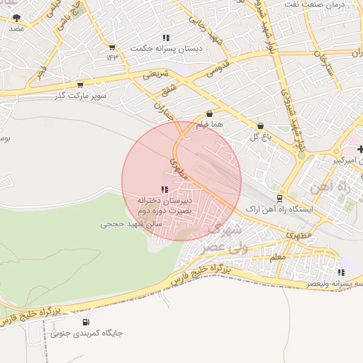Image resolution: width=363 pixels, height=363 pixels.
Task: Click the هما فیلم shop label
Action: click(x=210, y=125)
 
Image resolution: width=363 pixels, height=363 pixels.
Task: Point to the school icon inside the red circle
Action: click(x=164, y=189)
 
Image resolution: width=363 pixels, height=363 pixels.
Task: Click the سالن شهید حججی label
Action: click(x=131, y=223)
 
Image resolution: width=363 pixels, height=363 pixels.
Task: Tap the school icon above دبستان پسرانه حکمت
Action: click(x=166, y=38)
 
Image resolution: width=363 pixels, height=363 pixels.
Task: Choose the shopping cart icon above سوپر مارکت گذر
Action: click(x=79, y=84)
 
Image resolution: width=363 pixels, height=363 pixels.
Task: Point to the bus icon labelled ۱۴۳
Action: click(x=111, y=48)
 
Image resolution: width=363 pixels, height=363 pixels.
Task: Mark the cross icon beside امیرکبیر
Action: click(x=361, y=149)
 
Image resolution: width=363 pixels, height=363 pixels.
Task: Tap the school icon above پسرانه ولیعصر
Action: click(x=341, y=272)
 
